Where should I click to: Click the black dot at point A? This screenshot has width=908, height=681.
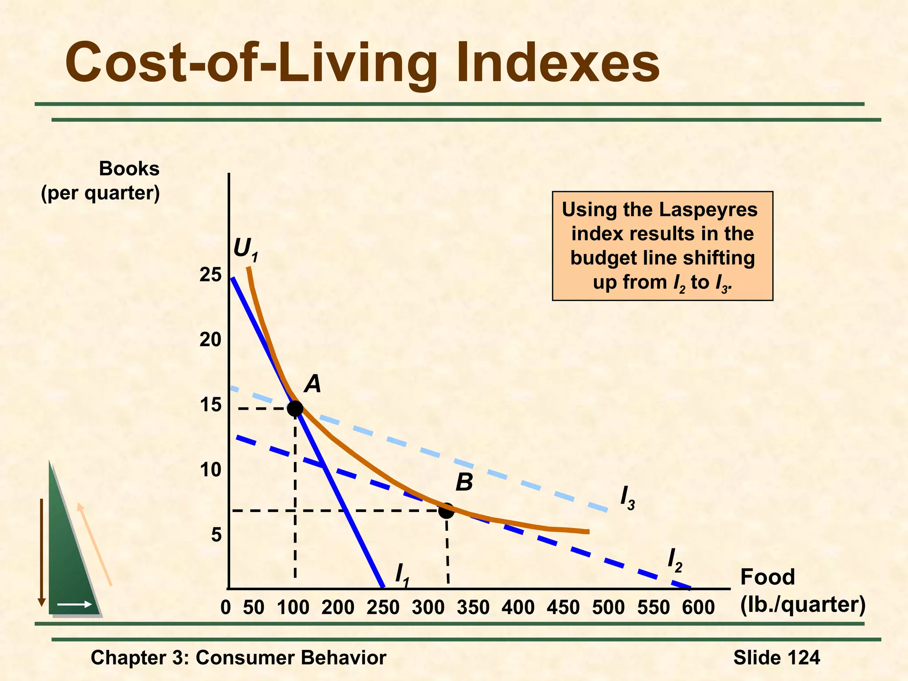coord(295,408)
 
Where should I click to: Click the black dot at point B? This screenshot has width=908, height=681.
coord(446,511)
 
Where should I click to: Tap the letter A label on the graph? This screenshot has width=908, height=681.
coord(313,384)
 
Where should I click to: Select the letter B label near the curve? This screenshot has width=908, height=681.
coord(464,482)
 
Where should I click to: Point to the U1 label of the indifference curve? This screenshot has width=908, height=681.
coord(245,249)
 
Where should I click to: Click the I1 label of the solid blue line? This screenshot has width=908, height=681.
coord(402,575)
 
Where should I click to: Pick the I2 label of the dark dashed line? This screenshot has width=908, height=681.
coord(674,560)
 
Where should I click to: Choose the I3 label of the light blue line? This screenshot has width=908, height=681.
coord(627,498)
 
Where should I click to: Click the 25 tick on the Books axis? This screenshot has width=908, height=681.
coord(210,275)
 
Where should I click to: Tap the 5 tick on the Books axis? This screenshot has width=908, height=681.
coord(216,535)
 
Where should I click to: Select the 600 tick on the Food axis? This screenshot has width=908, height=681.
coord(698,607)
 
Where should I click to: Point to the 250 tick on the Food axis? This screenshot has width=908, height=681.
coord(383,607)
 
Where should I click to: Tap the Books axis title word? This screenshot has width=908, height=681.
coord(129,169)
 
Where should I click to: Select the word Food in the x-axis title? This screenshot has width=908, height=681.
coord(767,577)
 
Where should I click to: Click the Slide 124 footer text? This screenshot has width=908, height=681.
coord(776,658)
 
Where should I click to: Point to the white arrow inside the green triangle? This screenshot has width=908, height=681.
coord(74,604)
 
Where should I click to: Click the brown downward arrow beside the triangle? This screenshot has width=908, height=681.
coord(42,552)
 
